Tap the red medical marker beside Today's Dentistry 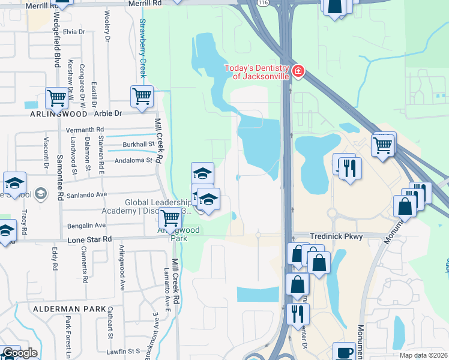(x=298, y=73)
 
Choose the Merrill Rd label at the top (x=145, y=3)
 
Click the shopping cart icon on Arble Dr (x=142, y=96)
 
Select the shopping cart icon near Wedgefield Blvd (x=56, y=97)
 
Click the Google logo (x=19, y=353)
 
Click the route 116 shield (x=262, y=3)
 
